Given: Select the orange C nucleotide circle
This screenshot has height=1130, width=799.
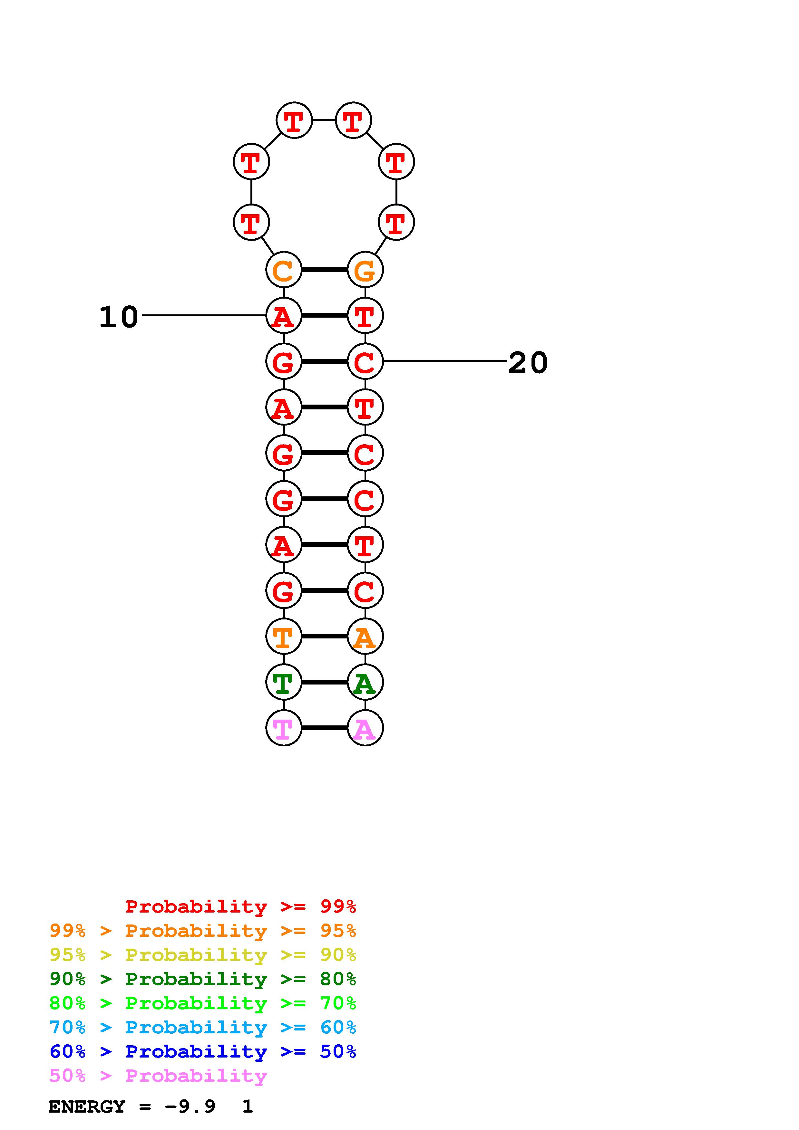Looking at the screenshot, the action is click(x=284, y=270).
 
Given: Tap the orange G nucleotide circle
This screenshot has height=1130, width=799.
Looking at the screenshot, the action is click(x=365, y=270).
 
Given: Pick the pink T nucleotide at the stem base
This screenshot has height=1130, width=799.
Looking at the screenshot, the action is click(x=284, y=728).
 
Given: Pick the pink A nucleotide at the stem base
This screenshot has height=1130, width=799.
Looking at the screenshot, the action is click(x=365, y=728).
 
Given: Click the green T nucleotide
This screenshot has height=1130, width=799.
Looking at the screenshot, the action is click(x=284, y=682).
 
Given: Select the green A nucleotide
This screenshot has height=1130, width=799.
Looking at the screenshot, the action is click(x=365, y=682).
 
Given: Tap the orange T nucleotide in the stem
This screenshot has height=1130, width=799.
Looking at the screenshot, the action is click(x=284, y=637).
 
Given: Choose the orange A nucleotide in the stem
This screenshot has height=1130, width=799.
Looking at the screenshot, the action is click(x=365, y=637).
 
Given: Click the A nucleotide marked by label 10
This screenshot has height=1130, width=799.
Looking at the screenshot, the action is click(x=284, y=315).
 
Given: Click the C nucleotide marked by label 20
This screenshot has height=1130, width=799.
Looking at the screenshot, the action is click(x=365, y=361).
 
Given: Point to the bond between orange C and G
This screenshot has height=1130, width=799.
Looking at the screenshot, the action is click(x=325, y=270).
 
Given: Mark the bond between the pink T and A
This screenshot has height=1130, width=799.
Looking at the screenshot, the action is click(x=325, y=728).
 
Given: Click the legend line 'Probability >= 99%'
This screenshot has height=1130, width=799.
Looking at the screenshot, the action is click(x=241, y=906).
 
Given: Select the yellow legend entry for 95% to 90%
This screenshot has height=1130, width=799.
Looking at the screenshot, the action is click(x=203, y=955).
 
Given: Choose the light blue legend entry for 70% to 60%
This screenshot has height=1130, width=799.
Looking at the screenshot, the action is click(x=203, y=1028).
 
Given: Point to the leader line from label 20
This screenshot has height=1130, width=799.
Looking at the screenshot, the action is click(x=445, y=361).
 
